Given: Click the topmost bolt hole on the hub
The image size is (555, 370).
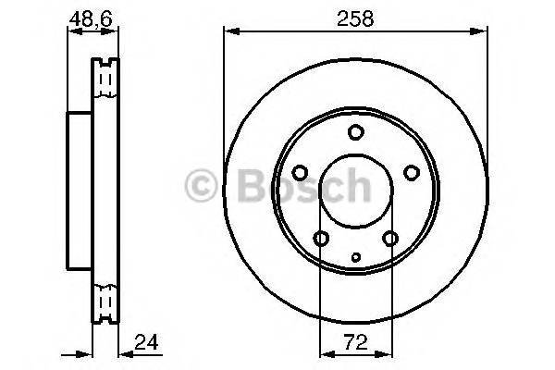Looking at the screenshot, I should click(355, 132).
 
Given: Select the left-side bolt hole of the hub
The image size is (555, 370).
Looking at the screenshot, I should click(300, 172).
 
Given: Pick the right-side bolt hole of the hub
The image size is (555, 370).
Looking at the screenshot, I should click(411, 172).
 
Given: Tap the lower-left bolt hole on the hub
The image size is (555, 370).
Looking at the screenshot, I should click(321, 239).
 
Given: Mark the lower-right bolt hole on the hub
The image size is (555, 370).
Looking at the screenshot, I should click(389, 239).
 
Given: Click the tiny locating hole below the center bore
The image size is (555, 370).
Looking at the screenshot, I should click(355, 256).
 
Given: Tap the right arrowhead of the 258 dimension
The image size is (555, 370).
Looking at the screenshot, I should click(482, 31).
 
